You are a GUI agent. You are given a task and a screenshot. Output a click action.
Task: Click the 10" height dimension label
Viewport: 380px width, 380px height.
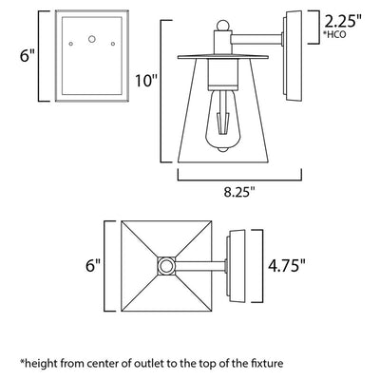[x=146, y=80]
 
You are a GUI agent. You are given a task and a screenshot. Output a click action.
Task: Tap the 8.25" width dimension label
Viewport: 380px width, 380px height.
[x=239, y=192]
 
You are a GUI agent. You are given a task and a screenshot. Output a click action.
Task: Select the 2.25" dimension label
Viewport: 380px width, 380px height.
[x=343, y=22]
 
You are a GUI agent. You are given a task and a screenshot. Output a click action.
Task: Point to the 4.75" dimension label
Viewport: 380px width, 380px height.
[x=287, y=265]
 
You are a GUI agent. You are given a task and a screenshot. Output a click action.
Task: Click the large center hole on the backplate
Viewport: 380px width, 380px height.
[x=92, y=39]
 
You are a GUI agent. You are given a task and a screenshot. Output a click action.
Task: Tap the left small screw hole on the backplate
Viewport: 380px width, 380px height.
[x=71, y=44]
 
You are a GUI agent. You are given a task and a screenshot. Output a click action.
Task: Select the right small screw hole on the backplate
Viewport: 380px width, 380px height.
[x=113, y=44]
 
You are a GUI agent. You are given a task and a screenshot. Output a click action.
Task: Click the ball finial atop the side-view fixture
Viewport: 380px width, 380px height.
[x=222, y=26]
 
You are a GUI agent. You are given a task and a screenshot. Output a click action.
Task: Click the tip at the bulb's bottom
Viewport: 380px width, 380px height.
[x=223, y=150]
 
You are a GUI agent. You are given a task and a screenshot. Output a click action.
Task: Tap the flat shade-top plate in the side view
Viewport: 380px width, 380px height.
[x=223, y=57]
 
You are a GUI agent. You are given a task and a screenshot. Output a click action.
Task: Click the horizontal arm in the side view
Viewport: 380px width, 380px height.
[x=256, y=39]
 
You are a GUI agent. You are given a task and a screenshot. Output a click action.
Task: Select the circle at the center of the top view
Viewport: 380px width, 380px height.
[x=166, y=266]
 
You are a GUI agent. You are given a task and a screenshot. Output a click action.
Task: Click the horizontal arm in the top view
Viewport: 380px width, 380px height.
[x=200, y=266]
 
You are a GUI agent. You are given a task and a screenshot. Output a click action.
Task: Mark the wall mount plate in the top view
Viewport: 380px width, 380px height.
[x=236, y=266]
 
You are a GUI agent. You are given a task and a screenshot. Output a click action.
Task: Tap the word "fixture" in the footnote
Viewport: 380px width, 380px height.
[x=268, y=363]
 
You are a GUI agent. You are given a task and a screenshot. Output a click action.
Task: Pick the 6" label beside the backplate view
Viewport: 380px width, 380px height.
[x=27, y=56]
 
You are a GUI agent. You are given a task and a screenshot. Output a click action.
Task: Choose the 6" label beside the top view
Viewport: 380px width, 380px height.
[x=93, y=265]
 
